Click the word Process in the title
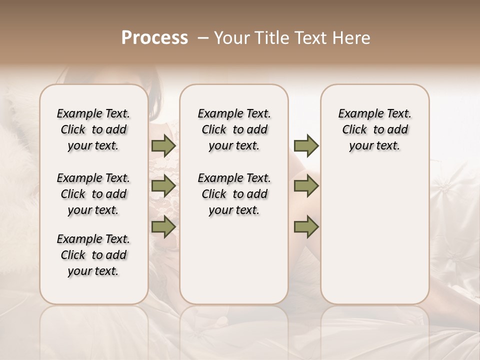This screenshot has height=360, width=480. click(154, 38)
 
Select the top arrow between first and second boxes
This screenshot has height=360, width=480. click(163, 145)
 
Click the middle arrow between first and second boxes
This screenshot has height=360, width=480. click(163, 186)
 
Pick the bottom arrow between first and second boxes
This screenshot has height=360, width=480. click(163, 227)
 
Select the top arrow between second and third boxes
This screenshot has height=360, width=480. click(305, 145)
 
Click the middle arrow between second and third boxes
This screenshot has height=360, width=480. click(305, 186)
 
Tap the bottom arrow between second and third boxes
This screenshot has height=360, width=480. click(305, 227)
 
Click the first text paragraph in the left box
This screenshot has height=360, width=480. click(93, 129)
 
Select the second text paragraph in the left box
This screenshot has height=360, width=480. click(93, 194)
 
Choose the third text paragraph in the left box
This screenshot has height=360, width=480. click(93, 255)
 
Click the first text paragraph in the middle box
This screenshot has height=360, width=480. click(234, 129)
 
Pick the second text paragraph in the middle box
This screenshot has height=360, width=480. click(234, 194)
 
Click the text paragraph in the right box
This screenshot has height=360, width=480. click(374, 129)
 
